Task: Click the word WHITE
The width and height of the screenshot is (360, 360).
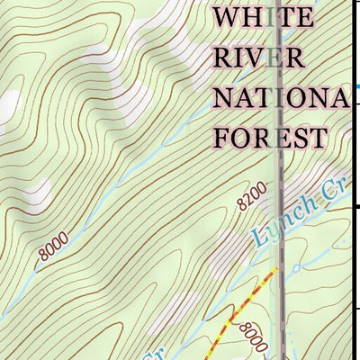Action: coord(265,18)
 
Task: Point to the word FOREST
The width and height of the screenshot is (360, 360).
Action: coord(269,138)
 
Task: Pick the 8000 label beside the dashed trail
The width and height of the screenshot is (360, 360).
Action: coord(254,337)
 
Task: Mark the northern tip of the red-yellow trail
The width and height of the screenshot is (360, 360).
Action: coord(275,269)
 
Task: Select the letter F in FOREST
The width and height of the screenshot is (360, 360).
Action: coord(220,138)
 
